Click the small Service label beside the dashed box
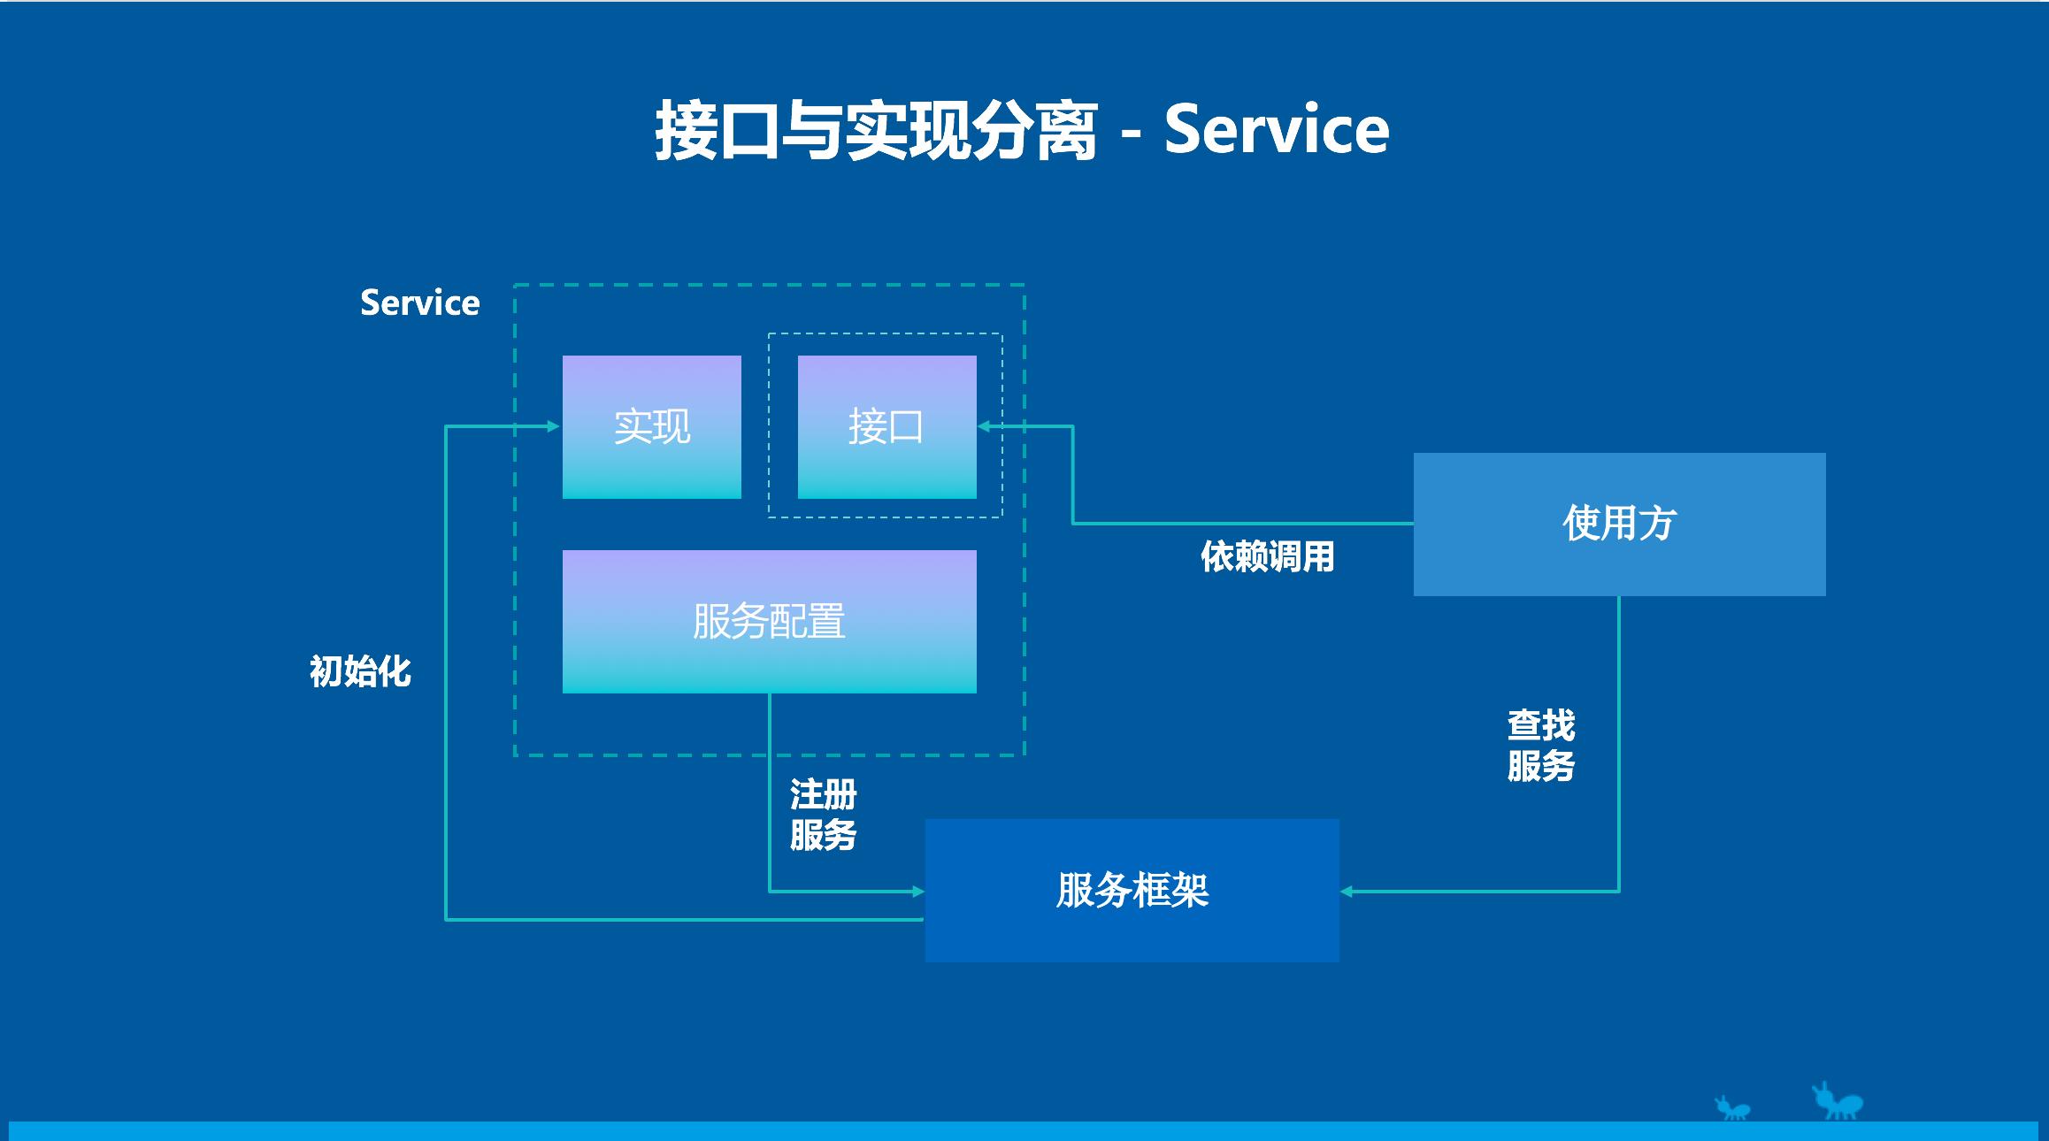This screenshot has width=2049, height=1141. (419, 303)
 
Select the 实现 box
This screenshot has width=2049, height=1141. (652, 427)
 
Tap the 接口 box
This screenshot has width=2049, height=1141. (886, 427)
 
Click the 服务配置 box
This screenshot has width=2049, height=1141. (769, 622)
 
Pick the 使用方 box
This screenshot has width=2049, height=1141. (1619, 524)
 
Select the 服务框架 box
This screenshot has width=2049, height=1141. (1132, 890)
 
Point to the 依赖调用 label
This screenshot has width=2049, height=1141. (1267, 557)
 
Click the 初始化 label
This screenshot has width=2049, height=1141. (360, 671)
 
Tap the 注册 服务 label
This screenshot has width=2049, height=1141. (823, 815)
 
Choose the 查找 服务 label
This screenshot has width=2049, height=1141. (1540, 745)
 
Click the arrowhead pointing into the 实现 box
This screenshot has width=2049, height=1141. (554, 426)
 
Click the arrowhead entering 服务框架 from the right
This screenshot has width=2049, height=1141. (1347, 892)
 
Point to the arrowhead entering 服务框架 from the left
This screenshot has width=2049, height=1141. (918, 892)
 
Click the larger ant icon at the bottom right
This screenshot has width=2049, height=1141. (1838, 1102)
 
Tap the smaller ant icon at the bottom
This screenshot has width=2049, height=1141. (1731, 1108)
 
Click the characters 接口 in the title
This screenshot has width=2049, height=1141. (717, 131)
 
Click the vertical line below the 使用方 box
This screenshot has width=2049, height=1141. (1619, 743)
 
